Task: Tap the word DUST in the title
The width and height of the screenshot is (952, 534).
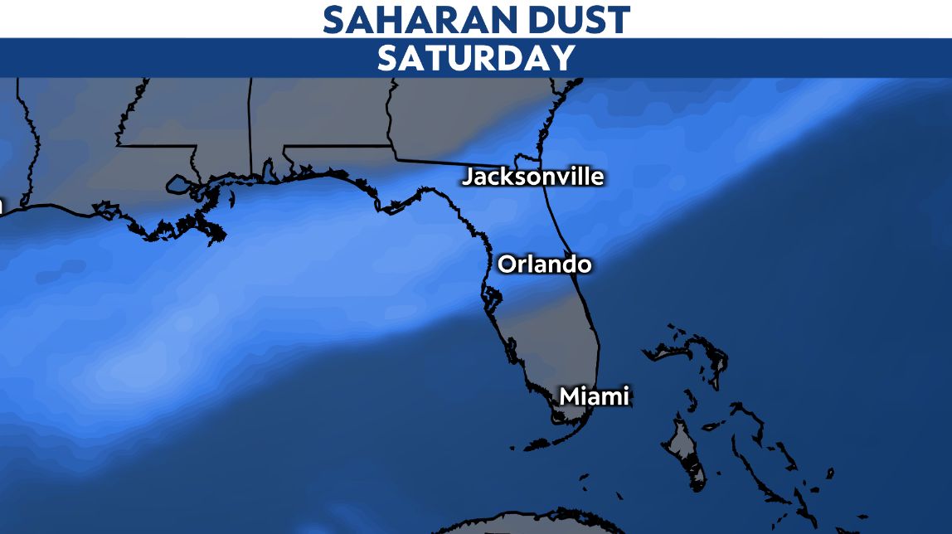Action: [x=575, y=19]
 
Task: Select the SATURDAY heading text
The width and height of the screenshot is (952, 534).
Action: [x=476, y=58]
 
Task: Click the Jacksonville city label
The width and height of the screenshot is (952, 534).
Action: [x=532, y=177]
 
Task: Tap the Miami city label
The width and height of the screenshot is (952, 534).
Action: [x=594, y=396]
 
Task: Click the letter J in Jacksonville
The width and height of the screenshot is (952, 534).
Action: [x=469, y=177]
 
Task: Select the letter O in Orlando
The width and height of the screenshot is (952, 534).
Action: [x=506, y=265]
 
